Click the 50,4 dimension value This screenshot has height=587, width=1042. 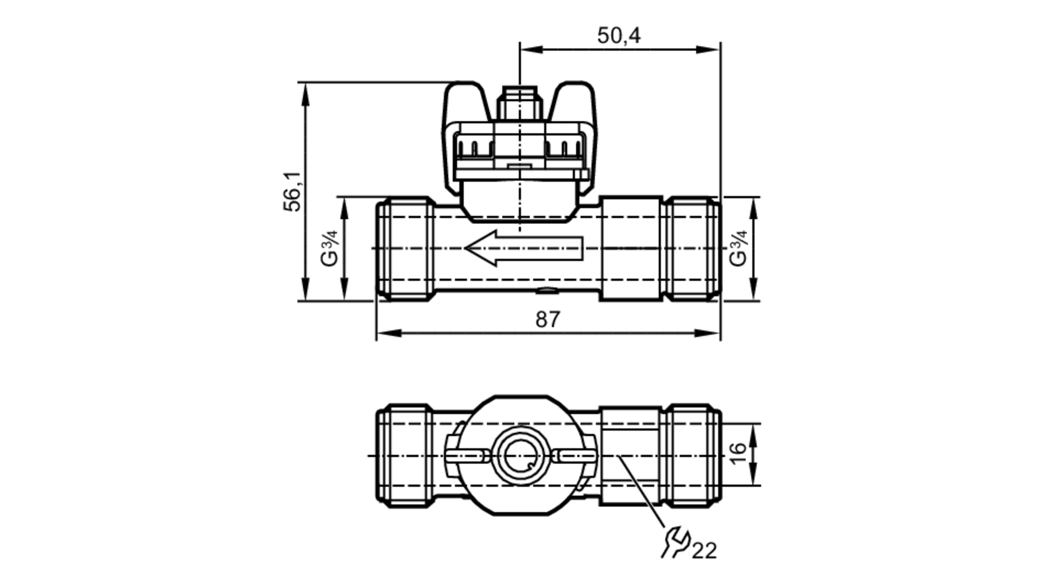point(618,35)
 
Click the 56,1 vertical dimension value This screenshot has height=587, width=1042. point(292,191)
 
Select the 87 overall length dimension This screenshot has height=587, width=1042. point(548,319)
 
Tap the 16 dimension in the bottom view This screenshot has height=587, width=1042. point(738,454)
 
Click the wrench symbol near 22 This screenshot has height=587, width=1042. point(676,542)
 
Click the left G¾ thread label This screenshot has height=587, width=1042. point(329,248)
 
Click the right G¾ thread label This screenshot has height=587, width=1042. point(738,248)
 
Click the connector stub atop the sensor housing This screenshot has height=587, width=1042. point(519,103)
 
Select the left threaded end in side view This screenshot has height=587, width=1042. point(405,248)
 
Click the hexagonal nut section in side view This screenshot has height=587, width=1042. point(630,248)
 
